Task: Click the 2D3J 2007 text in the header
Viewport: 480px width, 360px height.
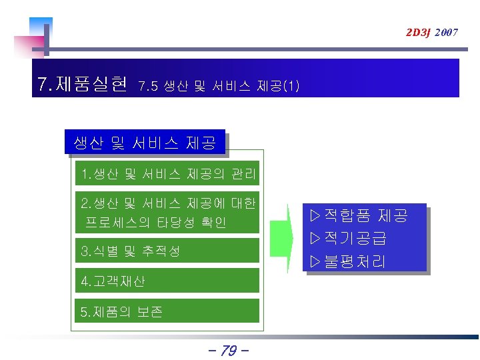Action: (x=432, y=32)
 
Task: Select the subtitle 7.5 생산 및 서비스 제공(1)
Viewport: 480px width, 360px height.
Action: (x=219, y=85)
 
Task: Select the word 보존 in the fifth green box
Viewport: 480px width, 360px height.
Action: (x=150, y=312)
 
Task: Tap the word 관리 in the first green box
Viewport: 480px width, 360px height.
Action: (x=243, y=175)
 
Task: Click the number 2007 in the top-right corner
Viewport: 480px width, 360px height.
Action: (x=446, y=32)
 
